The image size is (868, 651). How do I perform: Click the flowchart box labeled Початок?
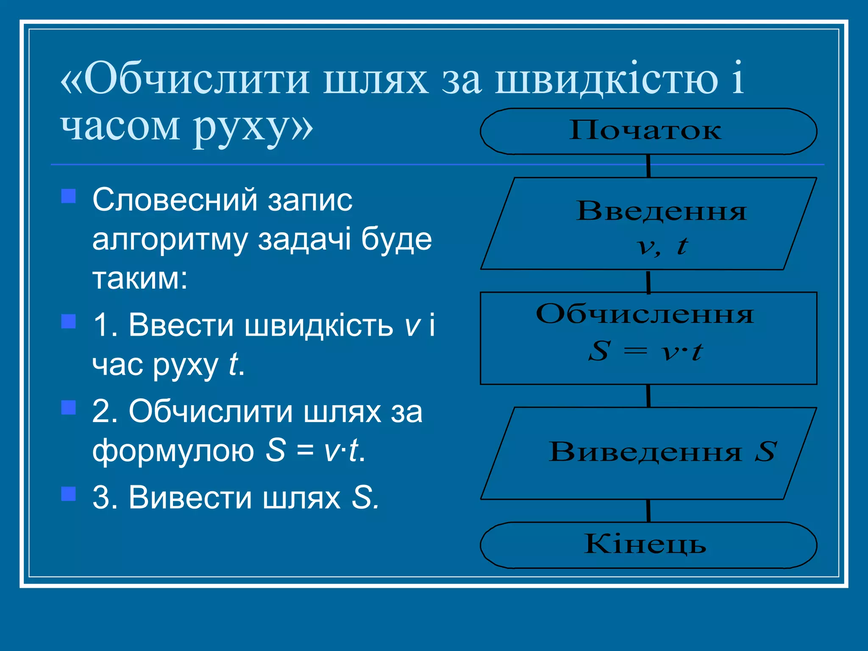648,131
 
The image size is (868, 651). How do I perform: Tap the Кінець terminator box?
648,545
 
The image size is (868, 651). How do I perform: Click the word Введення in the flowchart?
661,211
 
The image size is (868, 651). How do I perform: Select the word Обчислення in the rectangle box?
645,314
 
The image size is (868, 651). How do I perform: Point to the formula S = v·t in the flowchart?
645,351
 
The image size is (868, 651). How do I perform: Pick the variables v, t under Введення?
662,246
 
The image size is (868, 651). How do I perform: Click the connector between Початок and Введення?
648,166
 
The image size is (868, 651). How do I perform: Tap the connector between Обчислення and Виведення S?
648,396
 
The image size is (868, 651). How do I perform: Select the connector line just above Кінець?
648,511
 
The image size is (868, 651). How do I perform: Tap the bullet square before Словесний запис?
69,196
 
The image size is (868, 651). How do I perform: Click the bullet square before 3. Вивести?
69,494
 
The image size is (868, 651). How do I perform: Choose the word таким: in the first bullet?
140,279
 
